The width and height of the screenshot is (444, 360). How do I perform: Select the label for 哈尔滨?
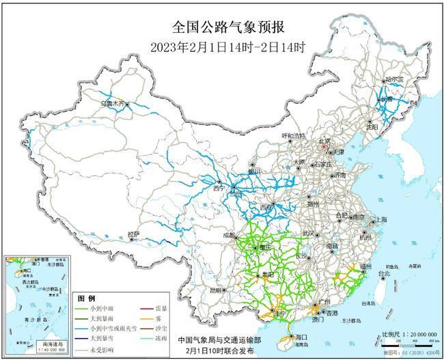click(394, 80)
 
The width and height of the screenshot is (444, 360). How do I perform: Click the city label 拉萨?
click(134, 234)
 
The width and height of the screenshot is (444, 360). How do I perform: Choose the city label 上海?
click(380, 219)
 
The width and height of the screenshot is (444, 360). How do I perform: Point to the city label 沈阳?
click(390, 126)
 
